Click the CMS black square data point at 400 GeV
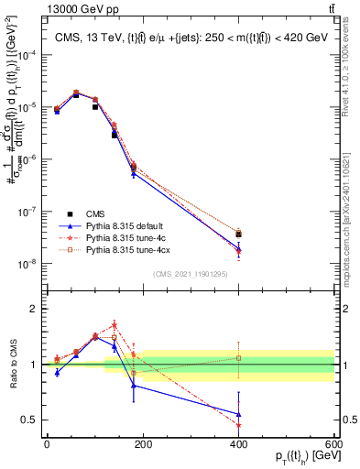pyautogui.click(x=238, y=234)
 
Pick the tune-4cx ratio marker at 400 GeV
pyautogui.click(x=238, y=357)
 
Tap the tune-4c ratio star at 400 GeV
pyautogui.click(x=238, y=424)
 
